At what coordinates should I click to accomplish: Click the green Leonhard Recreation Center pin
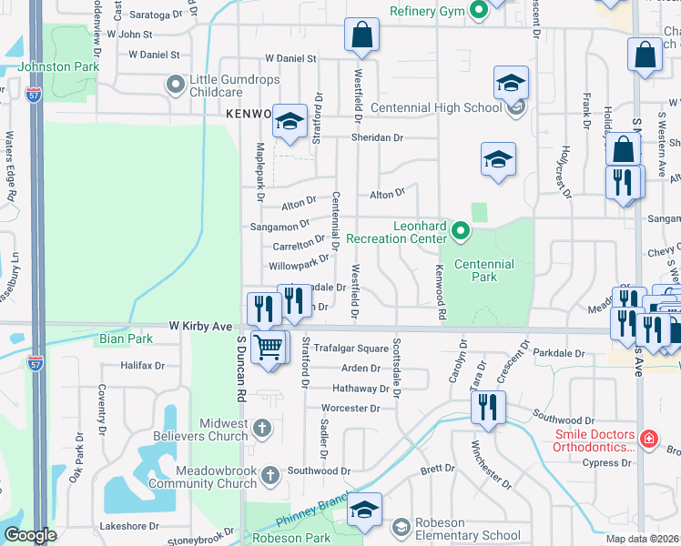click(460, 231)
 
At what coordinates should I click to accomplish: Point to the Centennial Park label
click(483, 270)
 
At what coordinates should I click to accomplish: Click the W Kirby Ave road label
click(200, 325)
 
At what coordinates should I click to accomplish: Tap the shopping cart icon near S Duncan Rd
click(268, 347)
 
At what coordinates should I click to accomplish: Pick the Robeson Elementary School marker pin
click(401, 527)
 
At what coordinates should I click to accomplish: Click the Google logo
click(31, 535)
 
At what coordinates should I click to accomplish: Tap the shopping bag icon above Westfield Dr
click(361, 35)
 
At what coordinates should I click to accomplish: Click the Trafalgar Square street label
click(351, 349)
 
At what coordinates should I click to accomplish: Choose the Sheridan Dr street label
click(377, 137)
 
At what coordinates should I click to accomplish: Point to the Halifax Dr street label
click(143, 366)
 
